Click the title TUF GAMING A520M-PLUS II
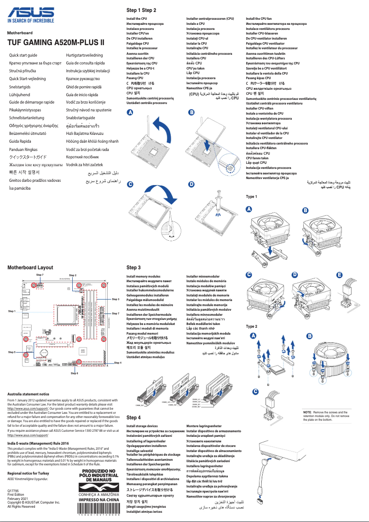coord(56,43)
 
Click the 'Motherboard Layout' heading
coord(30,267)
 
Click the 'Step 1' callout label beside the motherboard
coord(12,312)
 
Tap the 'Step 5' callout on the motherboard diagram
coord(12,352)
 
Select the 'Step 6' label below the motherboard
coord(74,373)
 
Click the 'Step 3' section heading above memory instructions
coord(133,267)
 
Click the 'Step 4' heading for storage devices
coord(133,418)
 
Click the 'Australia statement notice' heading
coord(29,394)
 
